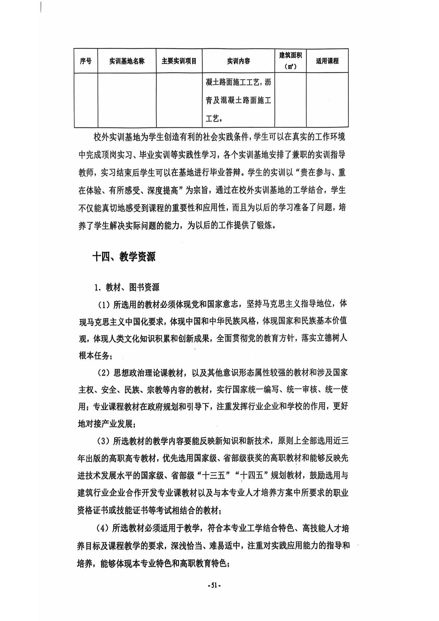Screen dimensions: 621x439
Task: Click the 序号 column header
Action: pyautogui.click(x=86, y=61)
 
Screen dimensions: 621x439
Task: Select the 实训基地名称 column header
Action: pyautogui.click(x=127, y=61)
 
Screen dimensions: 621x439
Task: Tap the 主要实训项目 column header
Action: pyautogui.click(x=179, y=61)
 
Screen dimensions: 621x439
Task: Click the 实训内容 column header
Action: pyautogui.click(x=238, y=61)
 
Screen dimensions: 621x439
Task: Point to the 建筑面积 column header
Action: pyautogui.click(x=290, y=56)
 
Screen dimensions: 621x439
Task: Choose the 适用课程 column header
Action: pyautogui.click(x=327, y=61)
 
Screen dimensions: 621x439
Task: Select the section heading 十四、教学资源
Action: pyautogui.click(x=124, y=257)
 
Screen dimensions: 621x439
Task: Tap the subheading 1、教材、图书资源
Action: pyautogui.click(x=127, y=287)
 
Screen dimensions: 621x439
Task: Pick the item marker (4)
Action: pyautogui.click(x=103, y=528)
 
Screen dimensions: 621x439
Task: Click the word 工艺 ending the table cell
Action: pyautogui.click(x=212, y=118)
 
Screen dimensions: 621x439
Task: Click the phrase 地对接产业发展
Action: pyautogui.click(x=105, y=424)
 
